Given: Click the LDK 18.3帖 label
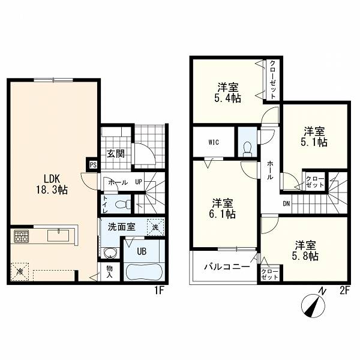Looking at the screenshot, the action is pyautogui.click(x=52, y=184).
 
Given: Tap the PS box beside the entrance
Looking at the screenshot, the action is pyautogui.click(x=93, y=164).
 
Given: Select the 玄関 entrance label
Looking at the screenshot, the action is pyautogui.click(x=116, y=154).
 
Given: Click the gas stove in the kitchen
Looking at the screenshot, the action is pyautogui.click(x=22, y=236).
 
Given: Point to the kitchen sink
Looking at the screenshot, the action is pyautogui.click(x=58, y=235).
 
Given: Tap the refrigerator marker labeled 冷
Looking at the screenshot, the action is pyautogui.click(x=20, y=272).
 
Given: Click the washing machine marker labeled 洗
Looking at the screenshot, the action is pyautogui.click(x=155, y=227).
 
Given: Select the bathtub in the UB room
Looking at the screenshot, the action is pyautogui.click(x=144, y=272).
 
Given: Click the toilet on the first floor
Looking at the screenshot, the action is pyautogui.click(x=123, y=204).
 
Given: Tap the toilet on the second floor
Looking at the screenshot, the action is pyautogui.click(x=247, y=149).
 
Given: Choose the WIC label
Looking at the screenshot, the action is pyautogui.click(x=214, y=142).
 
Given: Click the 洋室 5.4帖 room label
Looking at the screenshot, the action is pyautogui.click(x=228, y=92).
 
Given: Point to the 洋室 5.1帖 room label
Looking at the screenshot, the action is pyautogui.click(x=314, y=137).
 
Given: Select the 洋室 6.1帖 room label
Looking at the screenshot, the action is pyautogui.click(x=222, y=208).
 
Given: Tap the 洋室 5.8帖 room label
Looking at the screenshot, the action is pyautogui.click(x=305, y=250).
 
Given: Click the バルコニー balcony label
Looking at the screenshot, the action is pyautogui.click(x=227, y=266).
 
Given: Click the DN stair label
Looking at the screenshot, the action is pyautogui.click(x=286, y=203).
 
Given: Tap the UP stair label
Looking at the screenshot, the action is pyautogui.click(x=139, y=182).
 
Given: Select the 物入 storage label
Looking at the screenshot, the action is pyautogui.click(x=110, y=272).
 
